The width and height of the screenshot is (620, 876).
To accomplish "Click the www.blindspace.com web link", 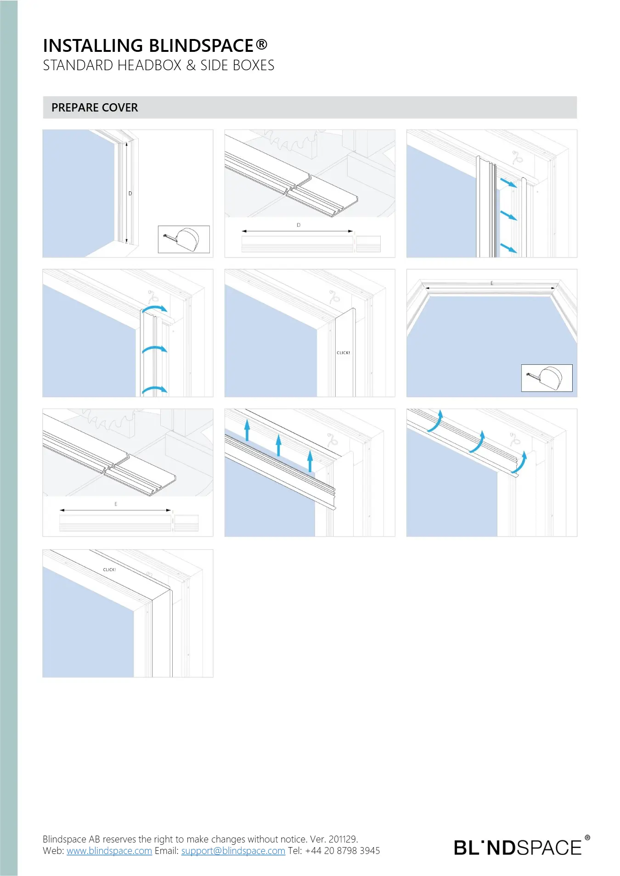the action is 109,851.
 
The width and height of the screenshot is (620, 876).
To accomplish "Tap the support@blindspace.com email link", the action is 233,851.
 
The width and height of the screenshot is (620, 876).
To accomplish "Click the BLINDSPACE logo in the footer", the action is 522,847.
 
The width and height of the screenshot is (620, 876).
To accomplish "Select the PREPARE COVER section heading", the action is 95,107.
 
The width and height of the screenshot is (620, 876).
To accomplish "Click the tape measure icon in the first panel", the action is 184,239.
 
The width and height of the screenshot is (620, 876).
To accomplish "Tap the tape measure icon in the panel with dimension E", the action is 547,378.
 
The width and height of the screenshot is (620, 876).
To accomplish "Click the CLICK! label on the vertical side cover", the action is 343,353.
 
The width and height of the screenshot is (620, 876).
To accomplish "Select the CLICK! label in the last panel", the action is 109,569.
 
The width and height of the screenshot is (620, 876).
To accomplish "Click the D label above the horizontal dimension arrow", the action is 299,225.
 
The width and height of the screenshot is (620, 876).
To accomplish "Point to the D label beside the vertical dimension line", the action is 130,194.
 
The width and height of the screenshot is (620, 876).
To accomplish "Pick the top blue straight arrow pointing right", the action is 508,183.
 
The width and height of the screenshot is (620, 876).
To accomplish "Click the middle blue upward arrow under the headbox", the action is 278,446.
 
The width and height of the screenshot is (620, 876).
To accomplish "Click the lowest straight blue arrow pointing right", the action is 508,248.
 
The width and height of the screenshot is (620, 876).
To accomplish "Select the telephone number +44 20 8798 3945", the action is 343,851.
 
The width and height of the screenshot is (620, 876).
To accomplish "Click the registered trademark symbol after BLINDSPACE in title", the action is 261,44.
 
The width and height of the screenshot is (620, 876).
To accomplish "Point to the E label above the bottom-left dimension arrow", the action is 116,504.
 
